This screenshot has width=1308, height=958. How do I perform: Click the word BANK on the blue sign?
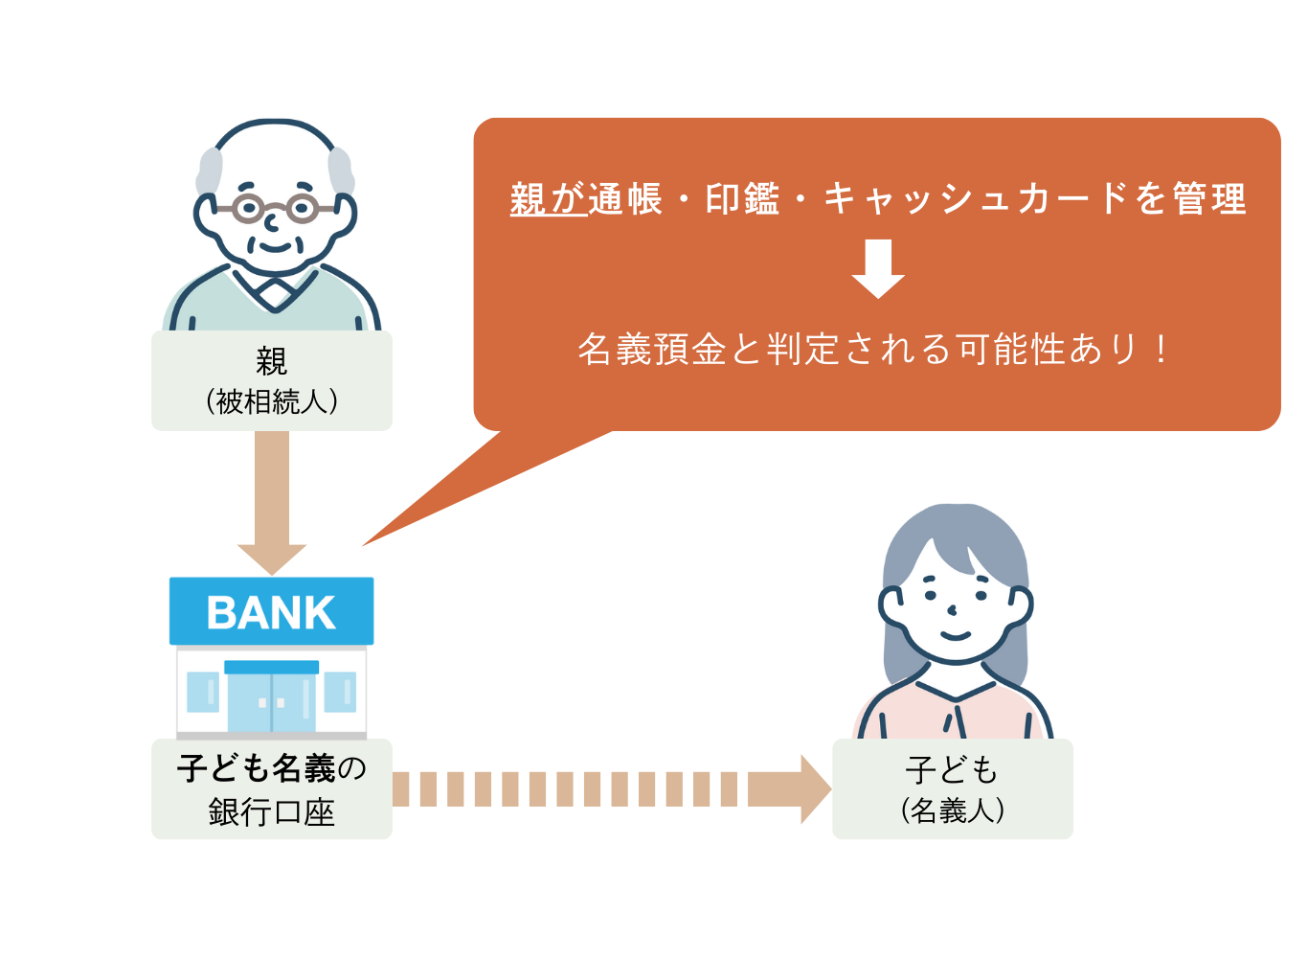[271, 613]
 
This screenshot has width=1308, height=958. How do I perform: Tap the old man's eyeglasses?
[275, 207]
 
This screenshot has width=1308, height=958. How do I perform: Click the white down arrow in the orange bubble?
[878, 269]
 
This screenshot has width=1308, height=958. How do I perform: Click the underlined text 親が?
[548, 199]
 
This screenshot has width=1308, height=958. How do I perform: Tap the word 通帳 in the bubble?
[625, 199]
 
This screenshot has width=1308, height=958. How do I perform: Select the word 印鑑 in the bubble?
[742, 199]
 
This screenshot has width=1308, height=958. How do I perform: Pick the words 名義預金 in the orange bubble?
[651, 350]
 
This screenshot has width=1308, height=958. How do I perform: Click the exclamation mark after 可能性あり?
[1161, 350]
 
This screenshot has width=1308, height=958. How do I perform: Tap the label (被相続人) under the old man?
[272, 401]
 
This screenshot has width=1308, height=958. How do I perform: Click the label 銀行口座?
[272, 812]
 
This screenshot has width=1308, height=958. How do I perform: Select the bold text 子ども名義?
[257, 768]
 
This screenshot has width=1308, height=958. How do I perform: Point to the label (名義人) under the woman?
[953, 810]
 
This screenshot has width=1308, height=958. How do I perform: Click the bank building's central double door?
[272, 699]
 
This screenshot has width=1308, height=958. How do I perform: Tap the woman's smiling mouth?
[955, 634]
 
